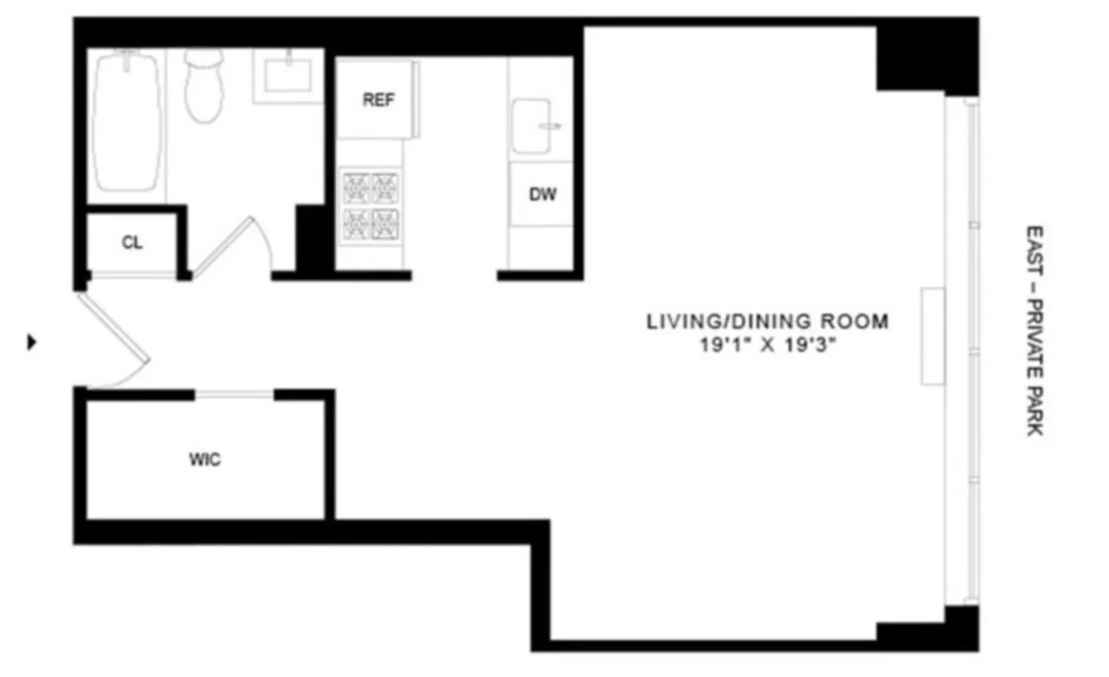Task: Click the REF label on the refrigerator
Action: point(378,100)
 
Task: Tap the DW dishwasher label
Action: point(543,195)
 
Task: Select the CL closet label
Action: point(132,243)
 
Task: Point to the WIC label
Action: point(204,460)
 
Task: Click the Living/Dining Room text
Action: point(768,322)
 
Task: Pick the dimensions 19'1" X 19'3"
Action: point(768,345)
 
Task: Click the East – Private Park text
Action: point(1034,330)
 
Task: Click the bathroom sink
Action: point(288,74)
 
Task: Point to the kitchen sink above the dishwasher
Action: point(532,125)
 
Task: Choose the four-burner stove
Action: point(370,206)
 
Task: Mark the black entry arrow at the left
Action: point(32,343)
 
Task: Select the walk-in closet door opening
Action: point(234,394)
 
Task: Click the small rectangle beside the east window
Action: point(933,336)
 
